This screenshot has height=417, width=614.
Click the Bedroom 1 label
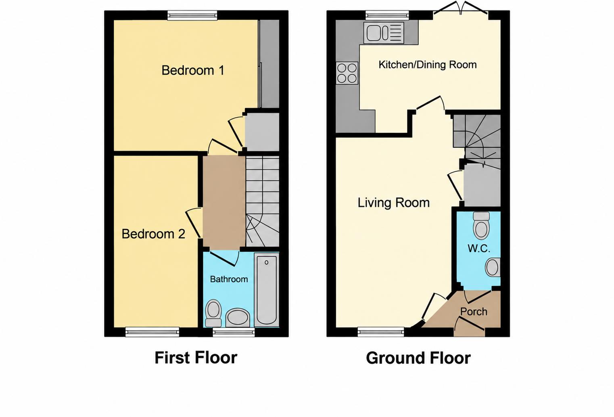(193, 70)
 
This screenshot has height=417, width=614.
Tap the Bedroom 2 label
(153, 234)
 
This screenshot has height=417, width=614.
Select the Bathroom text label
(229, 279)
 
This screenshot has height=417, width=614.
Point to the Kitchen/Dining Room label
(427, 65)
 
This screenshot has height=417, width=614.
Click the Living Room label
(394, 203)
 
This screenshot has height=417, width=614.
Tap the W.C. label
(478, 248)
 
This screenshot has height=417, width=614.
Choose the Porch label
(474, 311)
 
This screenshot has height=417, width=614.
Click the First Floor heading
(196, 358)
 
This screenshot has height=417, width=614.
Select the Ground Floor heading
(418, 358)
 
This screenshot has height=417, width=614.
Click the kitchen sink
(384, 33)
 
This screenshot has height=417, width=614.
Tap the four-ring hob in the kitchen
(347, 73)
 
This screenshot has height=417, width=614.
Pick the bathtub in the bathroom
(266, 290)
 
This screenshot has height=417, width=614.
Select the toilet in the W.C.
(481, 226)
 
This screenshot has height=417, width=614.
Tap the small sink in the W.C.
(493, 267)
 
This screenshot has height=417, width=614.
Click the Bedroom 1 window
(192, 15)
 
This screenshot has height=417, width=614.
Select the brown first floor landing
(224, 202)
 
